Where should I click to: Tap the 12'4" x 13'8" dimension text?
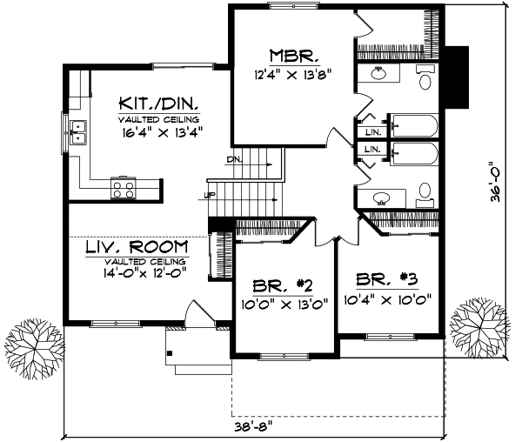pyautogui.click(x=291, y=75)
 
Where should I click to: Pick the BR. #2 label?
pyautogui.click(x=284, y=286)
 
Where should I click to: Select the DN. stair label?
pyautogui.click(x=234, y=160)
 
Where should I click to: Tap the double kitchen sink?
pyautogui.click(x=81, y=131)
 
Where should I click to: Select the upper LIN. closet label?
pyautogui.click(x=372, y=132)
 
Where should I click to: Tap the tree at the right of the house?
pyautogui.click(x=479, y=319)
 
